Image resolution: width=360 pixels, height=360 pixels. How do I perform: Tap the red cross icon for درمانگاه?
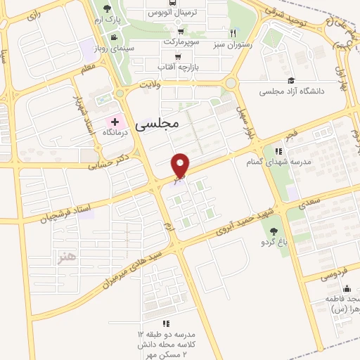(x=115, y=122)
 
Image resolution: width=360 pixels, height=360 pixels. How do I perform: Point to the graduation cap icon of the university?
(x=291, y=81)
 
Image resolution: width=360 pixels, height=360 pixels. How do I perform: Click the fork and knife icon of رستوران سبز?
(x=233, y=33)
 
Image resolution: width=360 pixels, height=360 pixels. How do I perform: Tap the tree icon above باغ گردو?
(x=274, y=231)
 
